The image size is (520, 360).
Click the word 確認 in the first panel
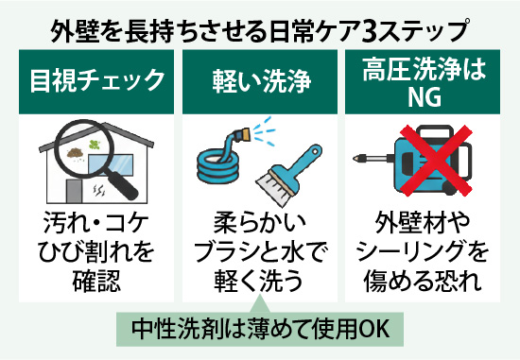pos(92,283)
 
